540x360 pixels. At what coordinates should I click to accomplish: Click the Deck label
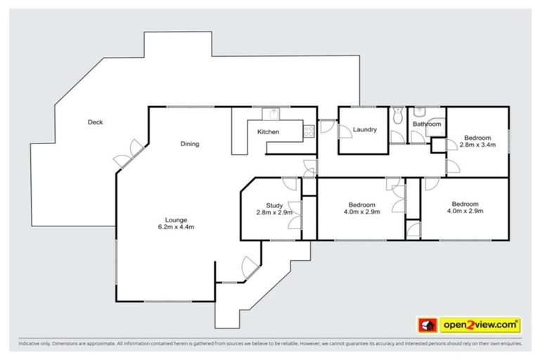pos(95,122)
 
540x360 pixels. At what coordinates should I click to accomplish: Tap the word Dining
pos(190,144)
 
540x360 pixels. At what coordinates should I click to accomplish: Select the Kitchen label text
pos(268,132)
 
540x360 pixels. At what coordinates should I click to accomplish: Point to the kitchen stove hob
pos(308,129)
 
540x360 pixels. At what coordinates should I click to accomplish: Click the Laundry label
pos(365,129)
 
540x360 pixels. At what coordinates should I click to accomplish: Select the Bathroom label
pos(427,124)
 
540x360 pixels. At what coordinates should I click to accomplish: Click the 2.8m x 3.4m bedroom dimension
pos(477,145)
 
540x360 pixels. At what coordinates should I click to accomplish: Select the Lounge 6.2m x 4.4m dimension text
pos(176,227)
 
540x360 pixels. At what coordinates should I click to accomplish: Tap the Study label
pos(274,205)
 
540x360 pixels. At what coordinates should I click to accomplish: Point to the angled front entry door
pos(248,268)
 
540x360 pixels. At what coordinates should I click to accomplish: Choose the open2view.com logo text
pos(480,325)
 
